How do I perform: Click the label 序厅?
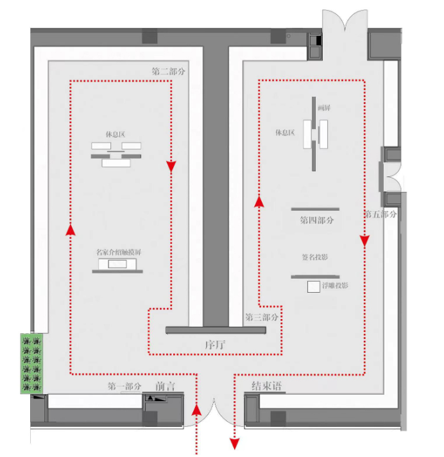tap(215, 345)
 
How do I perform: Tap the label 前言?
tap(166, 386)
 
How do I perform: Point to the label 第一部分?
tap(124, 386)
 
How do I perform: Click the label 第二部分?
tap(169, 71)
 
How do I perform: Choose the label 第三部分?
tap(262, 317)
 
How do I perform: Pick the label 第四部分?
tap(317, 220)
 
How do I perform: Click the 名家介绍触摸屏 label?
tap(118, 252)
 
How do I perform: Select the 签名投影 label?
tap(314, 257)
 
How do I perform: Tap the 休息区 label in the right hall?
tap(284, 133)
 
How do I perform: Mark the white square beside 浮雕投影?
tap(314, 288)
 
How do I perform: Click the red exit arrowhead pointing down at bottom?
tap(235, 443)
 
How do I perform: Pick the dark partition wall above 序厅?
tap(215, 330)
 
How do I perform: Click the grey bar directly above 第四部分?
tap(315, 209)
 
